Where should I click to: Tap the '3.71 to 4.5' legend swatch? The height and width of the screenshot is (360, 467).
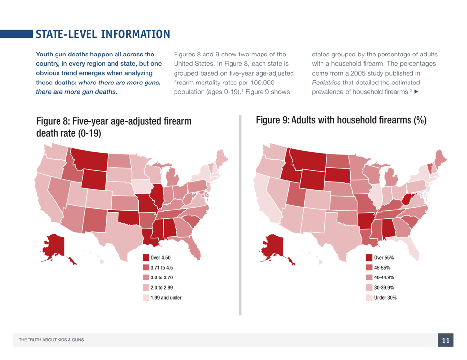tap(146, 268)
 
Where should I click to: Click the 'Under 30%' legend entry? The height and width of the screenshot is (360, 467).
tap(385, 297)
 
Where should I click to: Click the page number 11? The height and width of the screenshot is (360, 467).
tap(445, 340)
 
